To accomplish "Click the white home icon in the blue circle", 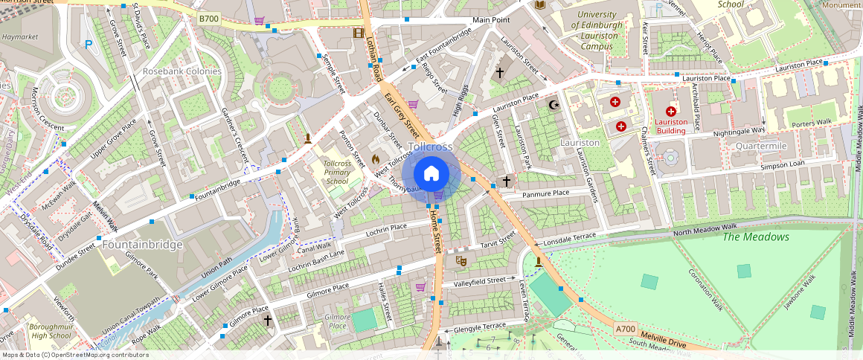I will point(431,174).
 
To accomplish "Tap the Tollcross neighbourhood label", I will point(430,147).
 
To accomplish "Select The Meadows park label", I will point(756,237).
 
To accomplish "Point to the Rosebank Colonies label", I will point(182,71).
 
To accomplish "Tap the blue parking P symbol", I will point(89,44).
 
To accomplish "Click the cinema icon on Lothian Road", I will point(359,33).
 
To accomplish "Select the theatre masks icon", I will point(461,261).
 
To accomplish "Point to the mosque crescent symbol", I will point(552,105).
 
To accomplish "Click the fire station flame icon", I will point(376,159).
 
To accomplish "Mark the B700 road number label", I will point(209,17).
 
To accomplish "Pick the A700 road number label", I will point(625,328).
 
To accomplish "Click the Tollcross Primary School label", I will point(337,172).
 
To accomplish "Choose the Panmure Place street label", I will point(545,193).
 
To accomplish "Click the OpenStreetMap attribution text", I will point(76,355).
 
